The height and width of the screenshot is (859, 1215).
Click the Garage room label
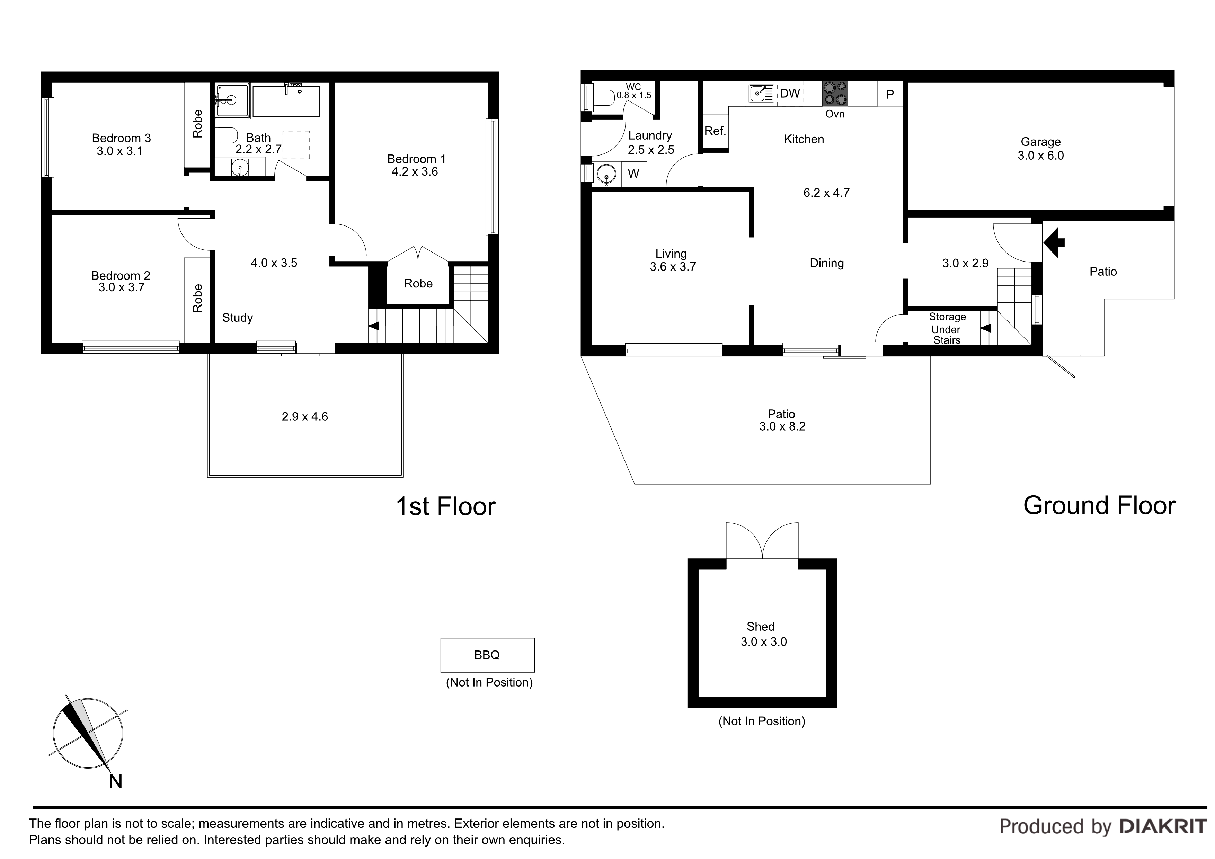(1040, 142)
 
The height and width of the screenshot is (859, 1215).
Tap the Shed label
(761, 627)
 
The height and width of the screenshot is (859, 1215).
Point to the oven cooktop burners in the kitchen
(834, 94)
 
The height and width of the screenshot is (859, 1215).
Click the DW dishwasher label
(790, 94)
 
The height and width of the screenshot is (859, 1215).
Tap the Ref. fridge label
(715, 131)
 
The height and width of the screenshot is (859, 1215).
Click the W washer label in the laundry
(633, 174)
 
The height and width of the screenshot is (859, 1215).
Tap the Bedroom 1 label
(416, 159)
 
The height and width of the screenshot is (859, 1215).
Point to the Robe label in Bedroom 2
(197, 298)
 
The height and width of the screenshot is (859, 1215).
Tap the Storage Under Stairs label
(947, 328)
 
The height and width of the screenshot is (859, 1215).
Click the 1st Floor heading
(445, 506)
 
